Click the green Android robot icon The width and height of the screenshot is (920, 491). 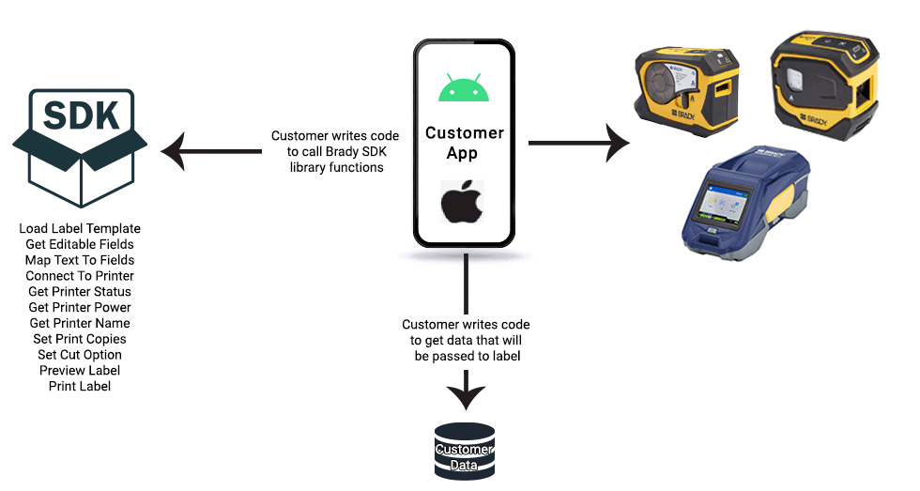click(x=465, y=87)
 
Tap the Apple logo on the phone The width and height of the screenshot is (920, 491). click(x=465, y=202)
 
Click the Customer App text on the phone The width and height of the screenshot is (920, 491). click(x=465, y=143)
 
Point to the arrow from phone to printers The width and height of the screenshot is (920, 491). click(x=577, y=144)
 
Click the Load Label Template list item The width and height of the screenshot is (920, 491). click(x=80, y=229)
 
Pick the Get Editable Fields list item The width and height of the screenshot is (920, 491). click(x=80, y=245)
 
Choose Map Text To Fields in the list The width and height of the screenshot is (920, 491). click(x=80, y=260)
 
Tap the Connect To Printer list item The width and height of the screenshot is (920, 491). click(x=80, y=276)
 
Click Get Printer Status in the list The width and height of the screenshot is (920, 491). click(x=80, y=292)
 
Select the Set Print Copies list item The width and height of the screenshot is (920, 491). click(x=80, y=339)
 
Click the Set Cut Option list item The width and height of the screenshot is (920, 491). click(x=80, y=355)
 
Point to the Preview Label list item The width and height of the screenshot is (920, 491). click(x=80, y=371)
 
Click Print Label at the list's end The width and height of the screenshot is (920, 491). click(x=80, y=386)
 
